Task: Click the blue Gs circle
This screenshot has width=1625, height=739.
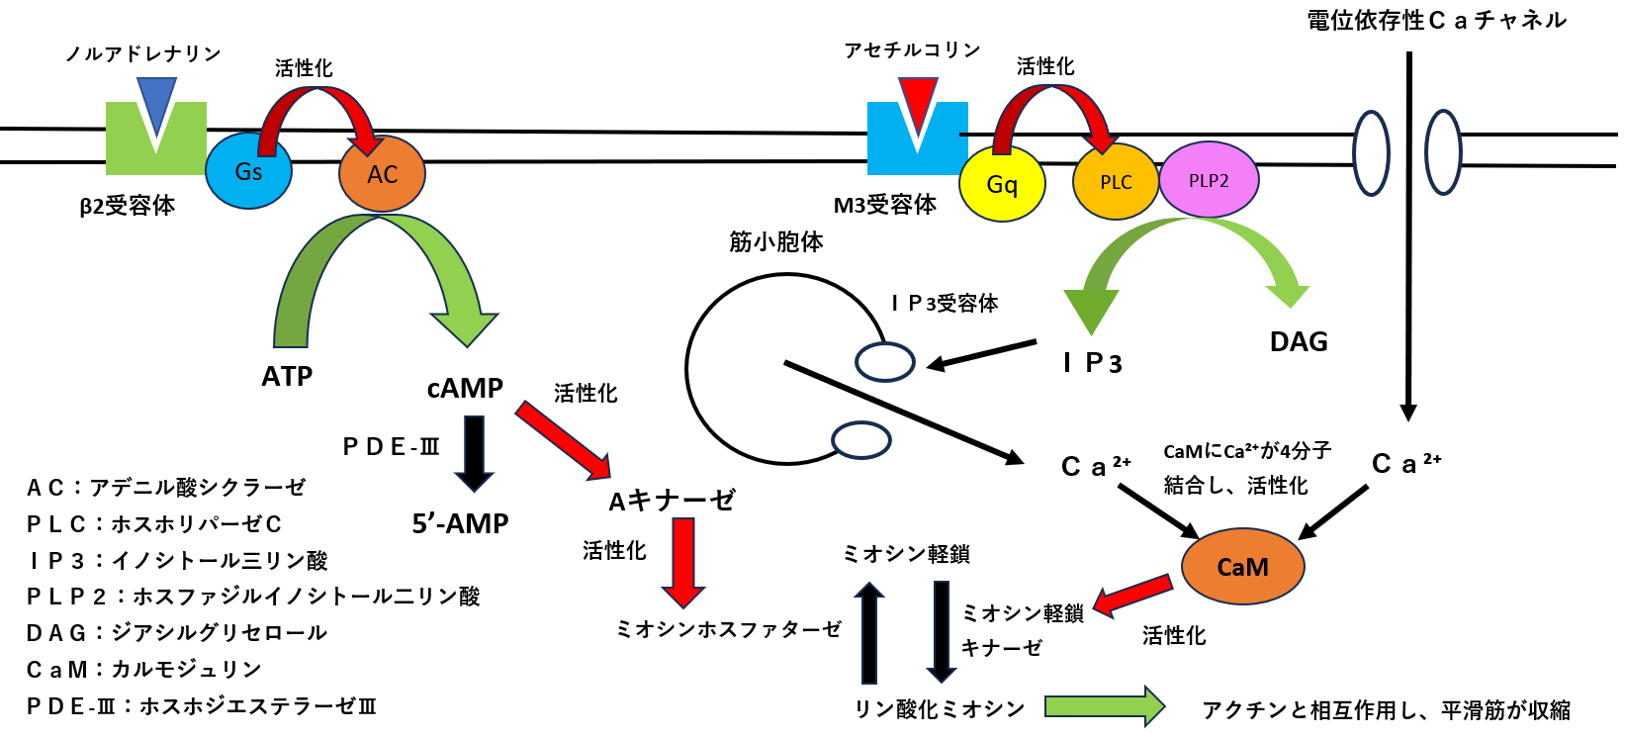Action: click(248, 171)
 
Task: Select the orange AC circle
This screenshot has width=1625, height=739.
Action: click(382, 174)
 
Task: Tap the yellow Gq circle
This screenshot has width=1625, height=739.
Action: click(1002, 184)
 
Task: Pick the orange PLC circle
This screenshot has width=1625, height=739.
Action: click(1116, 182)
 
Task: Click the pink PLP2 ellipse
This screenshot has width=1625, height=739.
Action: click(1209, 180)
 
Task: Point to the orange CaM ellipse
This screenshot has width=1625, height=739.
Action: click(1242, 567)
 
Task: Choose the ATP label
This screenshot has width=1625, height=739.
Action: click(287, 377)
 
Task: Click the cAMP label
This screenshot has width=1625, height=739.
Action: click(465, 388)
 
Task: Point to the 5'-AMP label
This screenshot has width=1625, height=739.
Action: click(460, 523)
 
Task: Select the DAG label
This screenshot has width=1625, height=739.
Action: click(1299, 342)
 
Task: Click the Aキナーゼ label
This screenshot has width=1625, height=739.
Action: click(672, 501)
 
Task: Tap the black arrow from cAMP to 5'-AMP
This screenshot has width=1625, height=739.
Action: click(474, 453)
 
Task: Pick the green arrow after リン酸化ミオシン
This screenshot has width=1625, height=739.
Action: click(1104, 706)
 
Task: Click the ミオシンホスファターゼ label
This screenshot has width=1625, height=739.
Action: click(728, 629)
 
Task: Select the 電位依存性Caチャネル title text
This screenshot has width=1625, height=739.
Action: click(1436, 20)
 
